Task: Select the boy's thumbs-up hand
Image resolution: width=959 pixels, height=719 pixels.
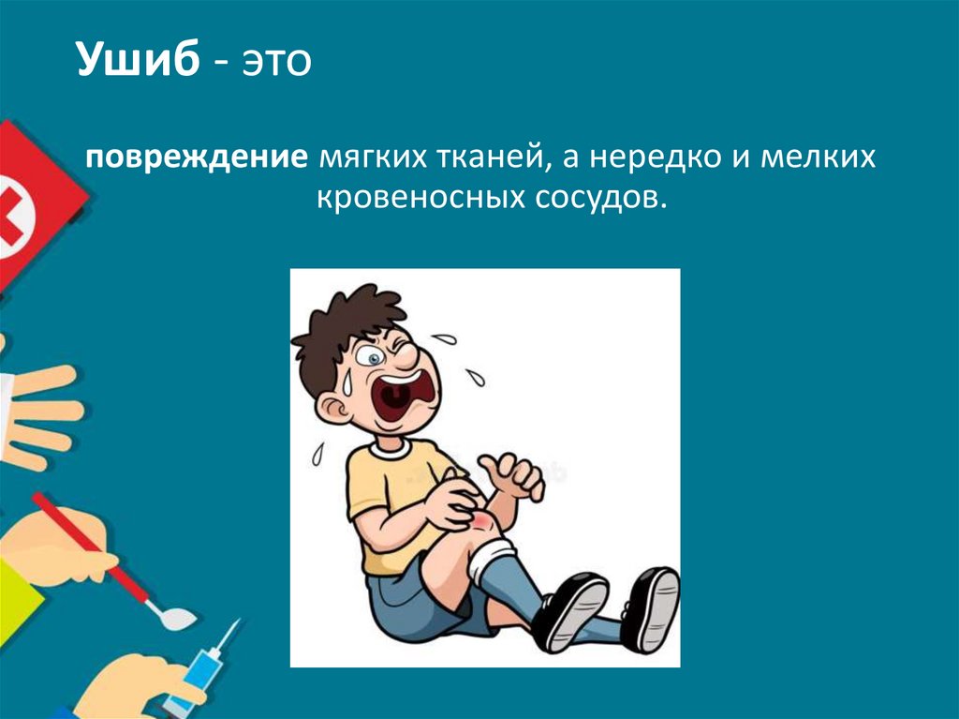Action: tap(510, 473)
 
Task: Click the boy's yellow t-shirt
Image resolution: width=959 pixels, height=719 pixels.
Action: tap(384, 506)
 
